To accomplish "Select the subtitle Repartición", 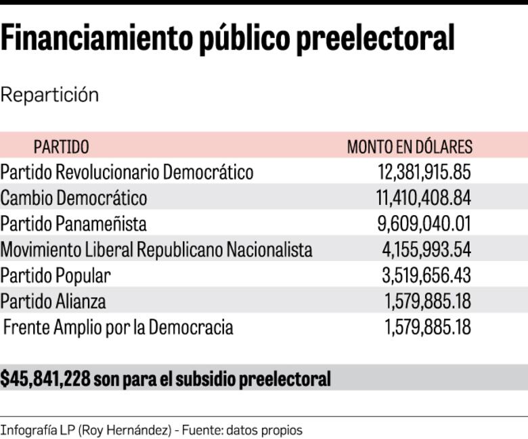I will (49, 95).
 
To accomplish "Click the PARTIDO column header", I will (61, 147).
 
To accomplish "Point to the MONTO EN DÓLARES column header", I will (410, 147).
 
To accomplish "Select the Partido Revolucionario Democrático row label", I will (127, 172).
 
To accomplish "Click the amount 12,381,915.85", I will (424, 172).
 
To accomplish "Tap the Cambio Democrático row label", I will (74, 198).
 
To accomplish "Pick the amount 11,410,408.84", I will (423, 198).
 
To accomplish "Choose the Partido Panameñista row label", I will (73, 224).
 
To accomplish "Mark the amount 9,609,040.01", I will (426, 224).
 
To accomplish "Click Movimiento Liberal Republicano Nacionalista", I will (156, 250).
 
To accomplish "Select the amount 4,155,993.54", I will (426, 250).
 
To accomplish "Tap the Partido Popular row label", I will (56, 275).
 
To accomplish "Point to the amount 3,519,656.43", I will (426, 275).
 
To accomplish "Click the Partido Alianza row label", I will (53, 301).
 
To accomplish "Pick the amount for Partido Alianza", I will (428, 301).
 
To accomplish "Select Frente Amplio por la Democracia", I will (118, 327).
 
